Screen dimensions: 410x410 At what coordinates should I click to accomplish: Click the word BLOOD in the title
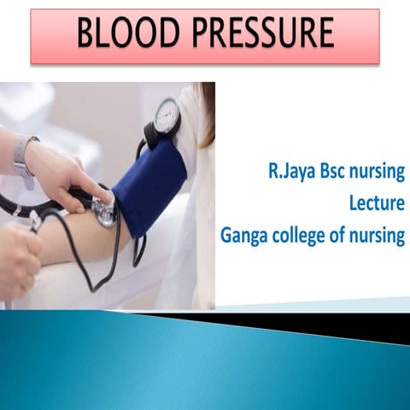[125, 35]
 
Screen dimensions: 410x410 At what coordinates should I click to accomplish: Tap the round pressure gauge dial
[167, 114]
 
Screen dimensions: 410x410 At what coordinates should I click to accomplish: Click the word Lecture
[376, 206]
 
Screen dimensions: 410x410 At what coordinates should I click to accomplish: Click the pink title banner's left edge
[33, 37]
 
